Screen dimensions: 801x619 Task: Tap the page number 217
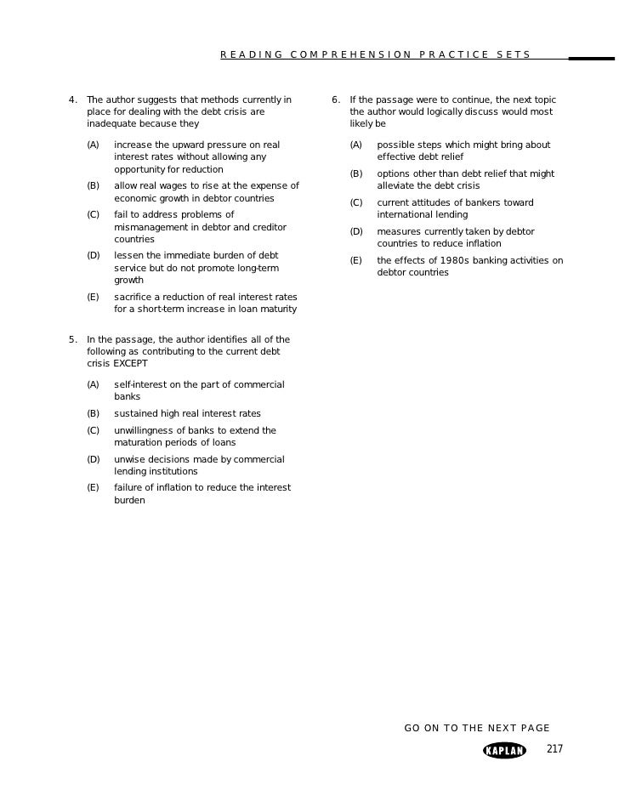click(554, 749)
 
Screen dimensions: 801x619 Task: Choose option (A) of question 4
click(93, 145)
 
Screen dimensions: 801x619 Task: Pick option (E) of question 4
click(93, 297)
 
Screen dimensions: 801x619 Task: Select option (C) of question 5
click(93, 431)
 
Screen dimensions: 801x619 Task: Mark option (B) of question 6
click(355, 174)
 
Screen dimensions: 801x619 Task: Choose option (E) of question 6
click(355, 261)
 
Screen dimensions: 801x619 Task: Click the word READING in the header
click(251, 55)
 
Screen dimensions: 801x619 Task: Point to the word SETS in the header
click(514, 55)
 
